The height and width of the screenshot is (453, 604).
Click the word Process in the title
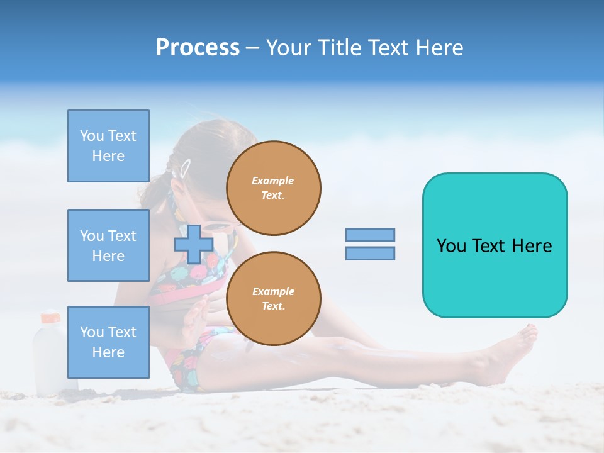198,48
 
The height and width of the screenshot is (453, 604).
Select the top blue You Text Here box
108,146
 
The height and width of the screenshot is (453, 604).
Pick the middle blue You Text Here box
108,245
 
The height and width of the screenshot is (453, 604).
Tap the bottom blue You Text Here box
108,342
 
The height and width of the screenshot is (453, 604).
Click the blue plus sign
193,244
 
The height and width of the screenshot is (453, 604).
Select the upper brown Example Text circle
274,188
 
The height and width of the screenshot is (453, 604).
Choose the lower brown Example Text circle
274,299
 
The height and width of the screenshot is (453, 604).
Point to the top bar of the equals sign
370,235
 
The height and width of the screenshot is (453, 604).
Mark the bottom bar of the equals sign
370,254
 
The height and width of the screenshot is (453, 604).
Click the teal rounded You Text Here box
495,245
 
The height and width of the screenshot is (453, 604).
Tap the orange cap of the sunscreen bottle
50,317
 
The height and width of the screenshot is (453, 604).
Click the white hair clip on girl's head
185,168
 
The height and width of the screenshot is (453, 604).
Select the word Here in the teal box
532,246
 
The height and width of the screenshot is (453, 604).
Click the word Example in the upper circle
273,181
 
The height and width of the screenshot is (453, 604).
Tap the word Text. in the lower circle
273,306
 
